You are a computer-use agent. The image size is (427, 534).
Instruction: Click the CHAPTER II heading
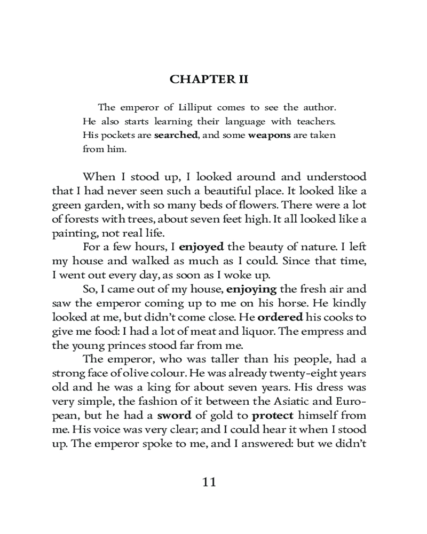209,80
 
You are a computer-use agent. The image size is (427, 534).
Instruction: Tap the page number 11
209,482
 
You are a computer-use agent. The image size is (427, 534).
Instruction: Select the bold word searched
176,135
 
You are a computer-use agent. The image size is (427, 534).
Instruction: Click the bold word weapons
269,135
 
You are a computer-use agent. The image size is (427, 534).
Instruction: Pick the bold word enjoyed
201,247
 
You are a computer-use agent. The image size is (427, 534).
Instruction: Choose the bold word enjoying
252,289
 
